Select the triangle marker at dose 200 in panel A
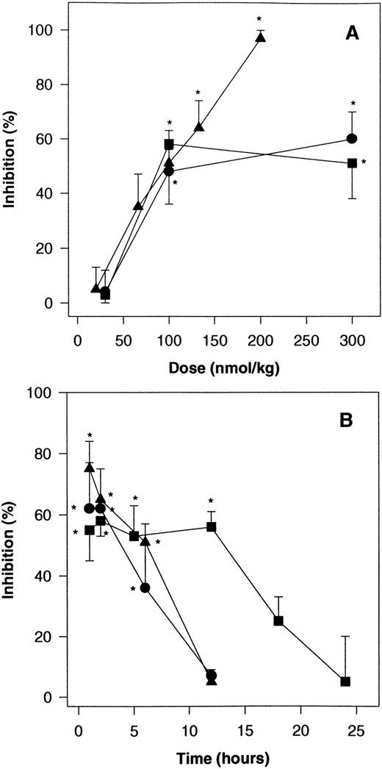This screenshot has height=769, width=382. [260, 37]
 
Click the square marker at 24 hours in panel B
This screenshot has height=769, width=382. [345, 682]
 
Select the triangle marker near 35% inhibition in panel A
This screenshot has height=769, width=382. [137, 206]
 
